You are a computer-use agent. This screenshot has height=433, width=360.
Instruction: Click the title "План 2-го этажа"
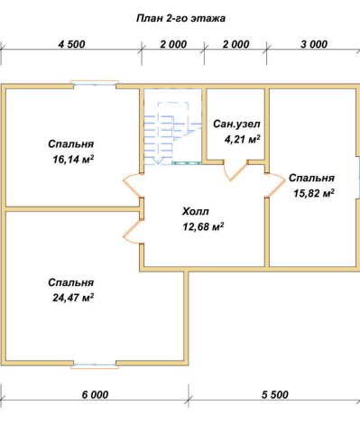tap(181, 19)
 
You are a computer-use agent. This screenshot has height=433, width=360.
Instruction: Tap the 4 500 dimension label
tap(72, 44)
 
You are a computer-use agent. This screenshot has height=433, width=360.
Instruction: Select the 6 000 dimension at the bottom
tap(95, 394)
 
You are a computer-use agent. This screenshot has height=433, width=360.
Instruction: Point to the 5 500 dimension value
tap(275, 394)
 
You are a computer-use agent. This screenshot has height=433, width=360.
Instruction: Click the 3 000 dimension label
tap(314, 44)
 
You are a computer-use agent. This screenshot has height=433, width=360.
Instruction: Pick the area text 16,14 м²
tap(73, 159)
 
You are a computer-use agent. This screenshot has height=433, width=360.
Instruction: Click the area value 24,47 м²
tap(73, 298)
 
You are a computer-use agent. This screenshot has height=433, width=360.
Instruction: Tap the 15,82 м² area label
tap(314, 193)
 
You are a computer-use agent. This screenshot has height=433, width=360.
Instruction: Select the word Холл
tap(196, 211)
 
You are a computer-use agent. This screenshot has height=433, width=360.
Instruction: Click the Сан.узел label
tap(236, 124)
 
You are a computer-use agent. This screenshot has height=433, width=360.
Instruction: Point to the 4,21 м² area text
tap(242, 139)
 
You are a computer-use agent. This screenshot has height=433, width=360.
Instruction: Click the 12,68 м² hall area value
tap(203, 226)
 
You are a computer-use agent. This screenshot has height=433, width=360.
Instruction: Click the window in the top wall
tap(95, 85)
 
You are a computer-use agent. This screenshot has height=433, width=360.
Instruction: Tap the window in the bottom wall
tap(95, 364)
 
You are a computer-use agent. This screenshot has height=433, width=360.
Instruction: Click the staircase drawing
tap(172, 134)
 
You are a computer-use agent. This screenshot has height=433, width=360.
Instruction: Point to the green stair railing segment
tap(187, 162)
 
